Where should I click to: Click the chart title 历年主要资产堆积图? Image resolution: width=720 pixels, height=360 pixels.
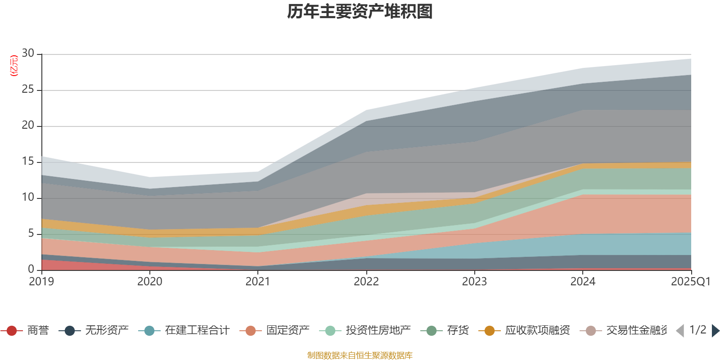[360, 12]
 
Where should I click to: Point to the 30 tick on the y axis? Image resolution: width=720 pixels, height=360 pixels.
[28, 54]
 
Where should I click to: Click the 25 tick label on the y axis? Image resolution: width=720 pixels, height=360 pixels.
[28, 90]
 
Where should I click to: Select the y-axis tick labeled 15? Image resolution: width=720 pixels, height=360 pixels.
[28, 162]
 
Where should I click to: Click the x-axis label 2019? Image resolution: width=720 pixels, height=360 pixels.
[41, 282]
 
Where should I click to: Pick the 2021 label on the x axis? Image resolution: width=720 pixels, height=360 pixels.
[258, 282]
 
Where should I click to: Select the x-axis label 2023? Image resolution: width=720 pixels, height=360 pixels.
[474, 282]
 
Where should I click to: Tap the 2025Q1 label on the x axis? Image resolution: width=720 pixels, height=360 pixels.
[690, 282]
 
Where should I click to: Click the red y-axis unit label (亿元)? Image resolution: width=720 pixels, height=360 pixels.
[14, 66]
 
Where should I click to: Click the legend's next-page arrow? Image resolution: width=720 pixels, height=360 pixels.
[715, 331]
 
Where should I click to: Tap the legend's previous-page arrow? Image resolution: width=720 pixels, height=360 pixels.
[680, 331]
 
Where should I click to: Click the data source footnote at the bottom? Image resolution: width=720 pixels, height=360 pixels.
[360, 355]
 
